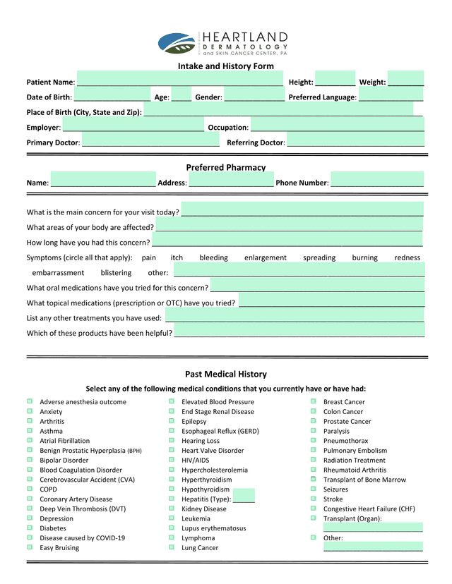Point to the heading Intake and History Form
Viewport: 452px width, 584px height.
coord(226,66)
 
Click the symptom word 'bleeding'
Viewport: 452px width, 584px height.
coord(213,257)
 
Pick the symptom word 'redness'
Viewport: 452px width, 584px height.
coord(407,257)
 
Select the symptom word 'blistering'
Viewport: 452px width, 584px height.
coord(116,272)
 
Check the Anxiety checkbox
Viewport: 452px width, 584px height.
coord(30,410)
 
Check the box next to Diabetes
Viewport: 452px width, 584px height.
coord(30,527)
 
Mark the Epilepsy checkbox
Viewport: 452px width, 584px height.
coord(172,420)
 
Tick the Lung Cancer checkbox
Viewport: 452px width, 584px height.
coord(172,547)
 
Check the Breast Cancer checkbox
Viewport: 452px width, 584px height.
coord(314,401)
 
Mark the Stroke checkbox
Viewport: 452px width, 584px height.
coord(314,498)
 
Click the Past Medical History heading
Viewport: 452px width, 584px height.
coord(226,374)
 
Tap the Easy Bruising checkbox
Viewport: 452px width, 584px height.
coord(30,547)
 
